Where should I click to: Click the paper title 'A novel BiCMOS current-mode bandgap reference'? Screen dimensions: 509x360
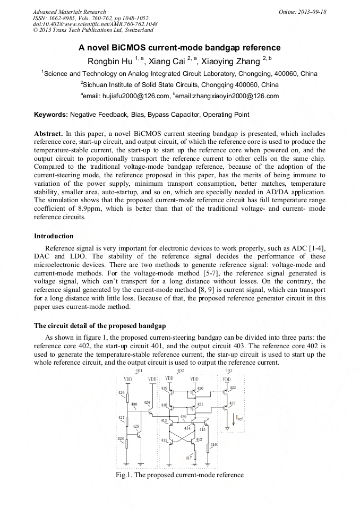tap(179, 48)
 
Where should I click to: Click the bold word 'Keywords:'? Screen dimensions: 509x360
tap(51, 115)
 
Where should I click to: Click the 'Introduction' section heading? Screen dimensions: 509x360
tap(54, 236)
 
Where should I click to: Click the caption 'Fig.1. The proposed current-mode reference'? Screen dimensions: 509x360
tap(179, 475)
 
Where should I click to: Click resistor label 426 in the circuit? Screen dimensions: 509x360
tap(122, 393)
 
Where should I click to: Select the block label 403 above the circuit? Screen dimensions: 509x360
tap(229, 370)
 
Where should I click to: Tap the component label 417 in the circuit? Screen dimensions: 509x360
tap(188, 458)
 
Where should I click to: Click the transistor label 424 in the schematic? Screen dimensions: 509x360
tap(147, 403)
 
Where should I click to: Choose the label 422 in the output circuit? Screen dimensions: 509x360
tap(233, 388)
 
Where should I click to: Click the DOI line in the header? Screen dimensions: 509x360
tap(95, 24)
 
